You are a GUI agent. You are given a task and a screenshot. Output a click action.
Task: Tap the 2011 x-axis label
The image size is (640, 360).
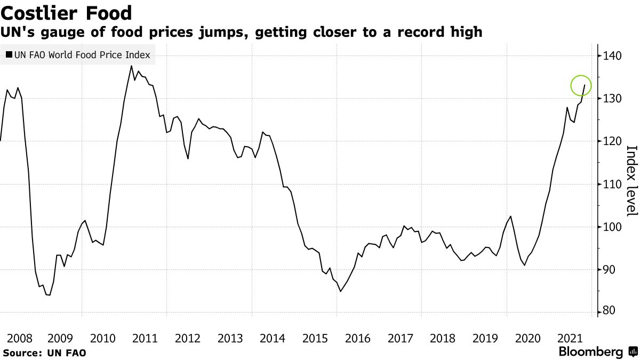145,338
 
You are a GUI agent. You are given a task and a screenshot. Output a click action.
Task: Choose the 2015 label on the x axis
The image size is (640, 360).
315,338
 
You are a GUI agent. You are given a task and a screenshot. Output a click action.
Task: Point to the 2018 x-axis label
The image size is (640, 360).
443,338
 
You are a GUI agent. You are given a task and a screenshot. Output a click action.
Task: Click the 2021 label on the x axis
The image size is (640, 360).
570,338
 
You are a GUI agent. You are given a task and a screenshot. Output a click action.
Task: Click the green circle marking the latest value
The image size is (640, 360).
581,85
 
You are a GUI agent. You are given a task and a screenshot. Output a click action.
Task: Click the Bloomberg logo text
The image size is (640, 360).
590,352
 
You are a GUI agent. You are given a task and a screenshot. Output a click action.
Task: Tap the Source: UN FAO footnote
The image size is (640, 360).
44,353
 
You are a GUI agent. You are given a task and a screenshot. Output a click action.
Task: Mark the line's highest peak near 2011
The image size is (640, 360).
131,66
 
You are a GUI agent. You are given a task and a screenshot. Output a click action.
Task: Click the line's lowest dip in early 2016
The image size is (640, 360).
340,291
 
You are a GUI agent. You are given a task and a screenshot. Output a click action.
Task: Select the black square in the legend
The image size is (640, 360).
9,54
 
